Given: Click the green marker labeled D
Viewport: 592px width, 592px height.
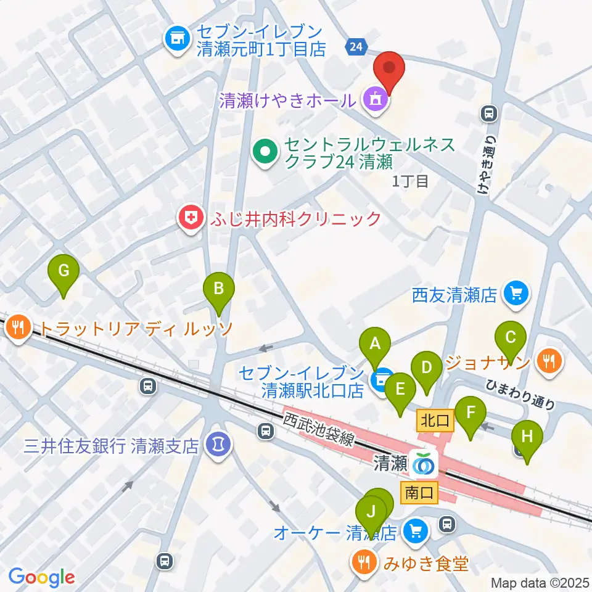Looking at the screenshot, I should pos(426,369).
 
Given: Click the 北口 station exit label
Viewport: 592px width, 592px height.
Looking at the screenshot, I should pos(436,421).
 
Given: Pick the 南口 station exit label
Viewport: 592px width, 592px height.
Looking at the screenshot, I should pos(420,492).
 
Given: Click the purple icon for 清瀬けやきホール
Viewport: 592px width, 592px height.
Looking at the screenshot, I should pos(375,99).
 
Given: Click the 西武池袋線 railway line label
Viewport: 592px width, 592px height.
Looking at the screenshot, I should pos(319,429).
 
